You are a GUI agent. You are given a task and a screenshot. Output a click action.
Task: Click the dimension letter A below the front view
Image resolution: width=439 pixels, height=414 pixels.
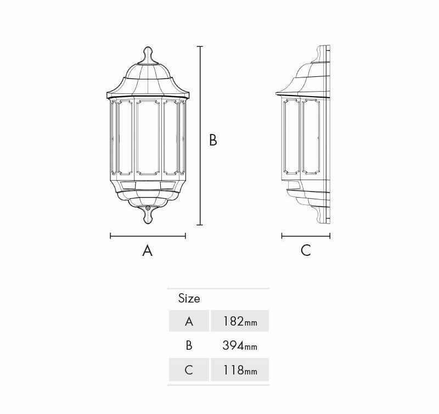click(x=148, y=250)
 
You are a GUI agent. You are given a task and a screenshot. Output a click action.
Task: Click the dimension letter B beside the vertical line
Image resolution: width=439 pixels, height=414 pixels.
click(x=213, y=140)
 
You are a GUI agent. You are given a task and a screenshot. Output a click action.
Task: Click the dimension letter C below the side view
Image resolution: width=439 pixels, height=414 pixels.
click(x=306, y=250)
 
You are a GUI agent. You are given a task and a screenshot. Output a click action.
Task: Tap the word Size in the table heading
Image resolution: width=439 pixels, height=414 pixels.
click(x=189, y=299)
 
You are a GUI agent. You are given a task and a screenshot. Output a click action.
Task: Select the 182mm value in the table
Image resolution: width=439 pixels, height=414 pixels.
click(x=240, y=321)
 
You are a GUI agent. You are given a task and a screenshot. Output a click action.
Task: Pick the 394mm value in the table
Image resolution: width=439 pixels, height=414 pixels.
click(x=240, y=345)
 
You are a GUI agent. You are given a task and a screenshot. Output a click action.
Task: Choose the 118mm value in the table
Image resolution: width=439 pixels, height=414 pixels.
click(x=240, y=370)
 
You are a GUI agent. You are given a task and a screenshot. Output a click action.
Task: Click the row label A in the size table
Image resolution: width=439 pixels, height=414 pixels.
click(x=189, y=321)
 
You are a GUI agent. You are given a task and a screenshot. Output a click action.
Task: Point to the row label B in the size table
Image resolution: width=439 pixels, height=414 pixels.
click(x=189, y=345)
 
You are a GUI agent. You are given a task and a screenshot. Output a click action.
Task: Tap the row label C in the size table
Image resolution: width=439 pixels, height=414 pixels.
click(x=189, y=370)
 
